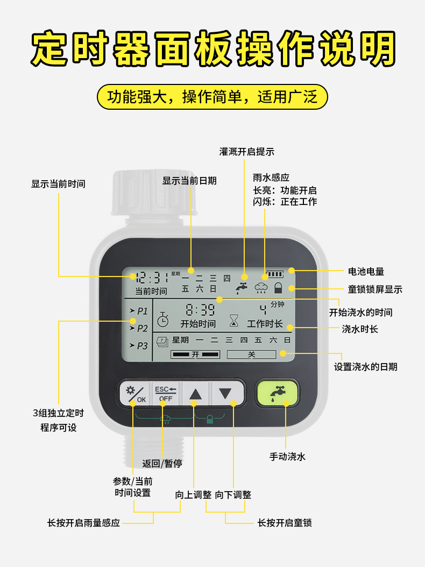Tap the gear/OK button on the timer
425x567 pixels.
pyautogui.click(x=134, y=394)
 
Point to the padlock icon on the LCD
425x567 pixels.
pyautogui.click(x=278, y=287)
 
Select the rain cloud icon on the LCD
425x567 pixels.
pyautogui.click(x=261, y=288)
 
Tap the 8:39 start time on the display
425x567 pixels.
pyautogui.click(x=200, y=310)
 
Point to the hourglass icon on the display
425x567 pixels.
pyautogui.click(x=233, y=321)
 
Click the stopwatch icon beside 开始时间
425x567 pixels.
pyautogui.click(x=163, y=320)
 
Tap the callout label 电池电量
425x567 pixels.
pyautogui.click(x=366, y=272)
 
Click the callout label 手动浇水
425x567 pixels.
pyautogui.click(x=287, y=457)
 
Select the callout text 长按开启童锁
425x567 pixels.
pyautogui.click(x=285, y=522)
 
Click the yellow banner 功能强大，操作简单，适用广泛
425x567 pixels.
pyautogui.click(x=212, y=97)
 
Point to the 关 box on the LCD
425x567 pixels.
pyautogui.click(x=251, y=355)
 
